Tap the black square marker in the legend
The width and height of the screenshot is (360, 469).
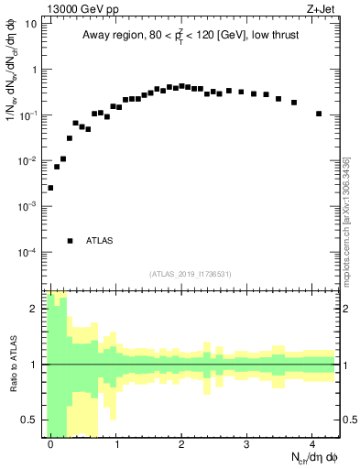(x=71, y=241)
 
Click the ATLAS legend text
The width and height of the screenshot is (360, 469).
(x=99, y=241)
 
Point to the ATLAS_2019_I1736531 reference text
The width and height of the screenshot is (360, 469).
(x=191, y=274)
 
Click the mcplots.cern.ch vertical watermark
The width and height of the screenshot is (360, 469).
(x=345, y=220)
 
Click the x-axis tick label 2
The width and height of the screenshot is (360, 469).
(x=182, y=444)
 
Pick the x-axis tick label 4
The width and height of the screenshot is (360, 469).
(x=312, y=444)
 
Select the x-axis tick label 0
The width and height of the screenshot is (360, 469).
(x=51, y=444)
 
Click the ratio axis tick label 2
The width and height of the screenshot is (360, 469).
(x=36, y=310)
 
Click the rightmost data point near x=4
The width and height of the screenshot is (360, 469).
(x=319, y=114)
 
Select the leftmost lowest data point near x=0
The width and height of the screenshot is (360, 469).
(x=50, y=188)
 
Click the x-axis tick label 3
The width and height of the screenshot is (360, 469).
(x=247, y=444)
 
